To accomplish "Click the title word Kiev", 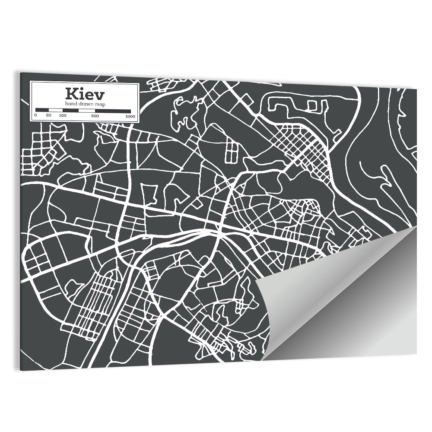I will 85,94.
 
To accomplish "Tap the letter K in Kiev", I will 72,94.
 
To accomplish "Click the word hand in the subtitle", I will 71,104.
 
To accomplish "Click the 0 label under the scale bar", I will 35,116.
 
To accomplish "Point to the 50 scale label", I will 49,116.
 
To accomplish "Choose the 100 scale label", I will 63,116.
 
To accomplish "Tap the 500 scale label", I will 95,116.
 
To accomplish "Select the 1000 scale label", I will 130,117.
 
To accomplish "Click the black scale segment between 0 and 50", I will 42,110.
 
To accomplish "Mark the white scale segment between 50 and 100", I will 56,110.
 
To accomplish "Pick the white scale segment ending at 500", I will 87,111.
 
